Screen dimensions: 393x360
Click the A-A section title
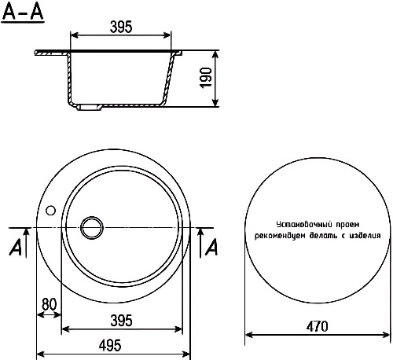click(x=23, y=12)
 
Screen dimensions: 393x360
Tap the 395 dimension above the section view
click(x=121, y=27)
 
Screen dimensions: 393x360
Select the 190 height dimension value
click(x=206, y=78)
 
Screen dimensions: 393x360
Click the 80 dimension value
click(x=49, y=304)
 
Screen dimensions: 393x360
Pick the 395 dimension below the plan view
click(x=121, y=321)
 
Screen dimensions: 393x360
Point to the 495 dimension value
click(x=110, y=345)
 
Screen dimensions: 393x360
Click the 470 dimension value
click(x=317, y=326)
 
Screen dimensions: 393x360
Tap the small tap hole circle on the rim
click(x=50, y=210)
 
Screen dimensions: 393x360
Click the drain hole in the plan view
click(x=91, y=227)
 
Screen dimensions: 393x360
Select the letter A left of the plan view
click(x=16, y=248)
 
